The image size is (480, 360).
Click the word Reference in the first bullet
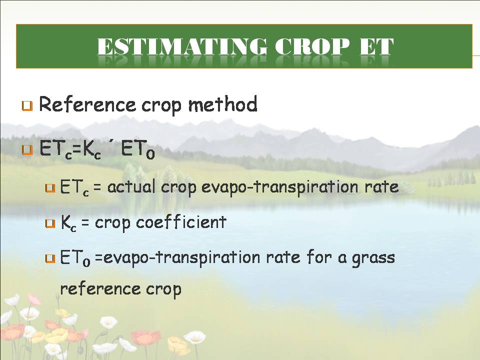tap(87, 104)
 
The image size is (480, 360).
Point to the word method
tap(223, 104)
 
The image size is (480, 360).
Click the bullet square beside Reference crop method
tap(27, 106)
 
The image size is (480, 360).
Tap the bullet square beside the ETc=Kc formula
tap(27, 150)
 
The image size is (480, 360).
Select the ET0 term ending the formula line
tap(138, 150)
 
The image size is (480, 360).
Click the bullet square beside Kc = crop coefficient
tap(50, 223)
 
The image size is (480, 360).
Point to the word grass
tap(373, 258)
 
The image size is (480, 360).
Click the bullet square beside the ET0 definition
tap(50, 258)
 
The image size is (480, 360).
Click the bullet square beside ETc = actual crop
tap(50, 188)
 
